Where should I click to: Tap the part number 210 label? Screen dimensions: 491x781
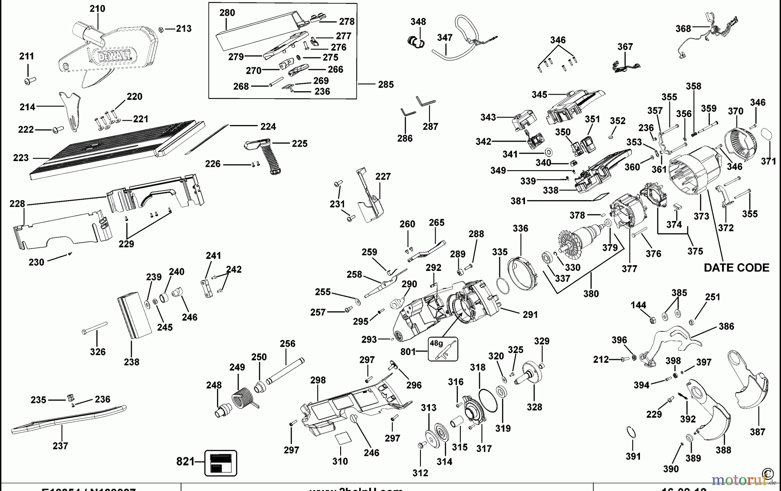98,9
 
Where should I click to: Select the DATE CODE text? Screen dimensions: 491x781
736,267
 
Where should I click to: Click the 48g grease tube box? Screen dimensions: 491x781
443,349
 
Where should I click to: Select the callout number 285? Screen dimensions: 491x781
386,85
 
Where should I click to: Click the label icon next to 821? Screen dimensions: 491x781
221,463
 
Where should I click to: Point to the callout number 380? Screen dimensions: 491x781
591,294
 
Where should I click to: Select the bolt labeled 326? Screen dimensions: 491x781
94,328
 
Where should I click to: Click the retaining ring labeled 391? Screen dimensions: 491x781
631,433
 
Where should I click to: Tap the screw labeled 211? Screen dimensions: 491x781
30,80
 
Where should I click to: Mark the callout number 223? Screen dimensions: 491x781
21,158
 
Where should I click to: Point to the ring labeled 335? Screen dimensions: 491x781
502,286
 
